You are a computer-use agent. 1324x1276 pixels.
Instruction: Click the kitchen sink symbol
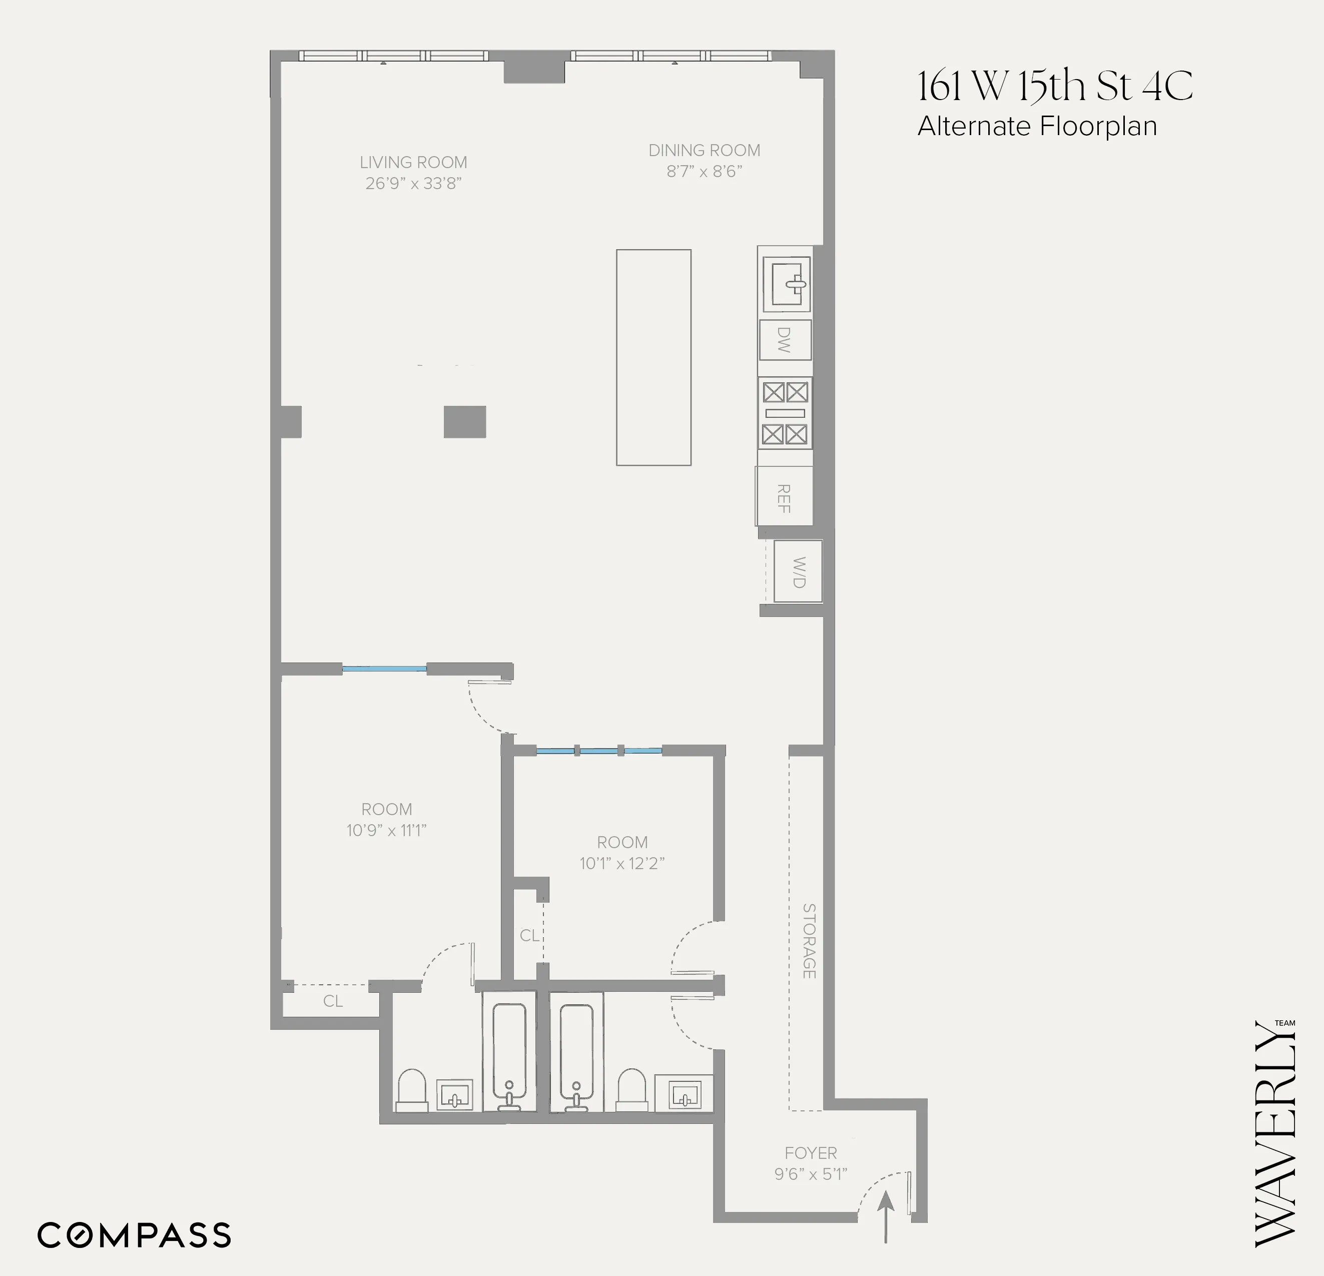click(x=786, y=283)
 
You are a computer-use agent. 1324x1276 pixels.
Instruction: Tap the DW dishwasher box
click(x=785, y=340)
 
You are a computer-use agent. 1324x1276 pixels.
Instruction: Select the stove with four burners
click(x=785, y=413)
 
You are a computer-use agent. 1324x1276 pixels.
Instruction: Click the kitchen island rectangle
click(x=653, y=357)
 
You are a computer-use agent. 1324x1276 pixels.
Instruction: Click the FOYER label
click(x=811, y=1153)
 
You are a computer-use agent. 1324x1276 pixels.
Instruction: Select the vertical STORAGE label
click(x=809, y=941)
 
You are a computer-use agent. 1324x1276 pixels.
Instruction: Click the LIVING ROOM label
click(x=413, y=163)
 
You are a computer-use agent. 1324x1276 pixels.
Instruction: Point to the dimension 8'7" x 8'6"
click(x=705, y=172)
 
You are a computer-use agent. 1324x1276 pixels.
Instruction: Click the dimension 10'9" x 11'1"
click(x=386, y=831)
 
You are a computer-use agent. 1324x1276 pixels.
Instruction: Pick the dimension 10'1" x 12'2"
click(x=622, y=863)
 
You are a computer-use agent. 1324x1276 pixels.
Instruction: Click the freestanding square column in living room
click(x=465, y=421)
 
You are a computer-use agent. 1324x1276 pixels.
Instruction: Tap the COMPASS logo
click(x=134, y=1235)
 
